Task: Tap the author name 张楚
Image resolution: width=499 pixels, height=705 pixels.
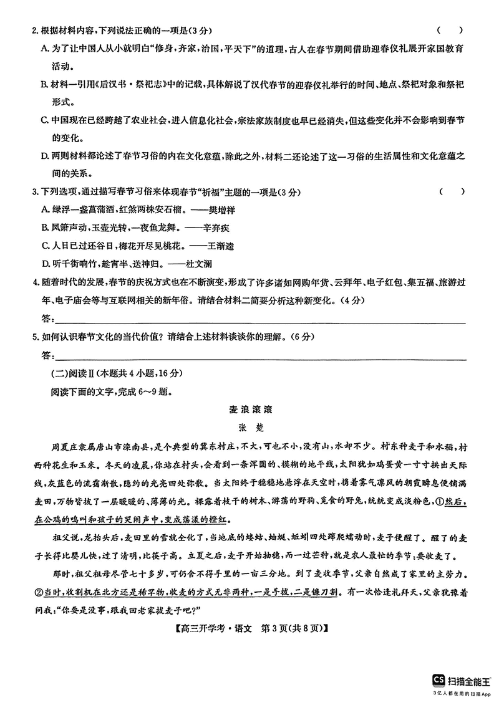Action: pyautogui.click(x=249, y=428)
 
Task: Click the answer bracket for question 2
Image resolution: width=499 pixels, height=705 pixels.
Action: pyautogui.click(x=450, y=30)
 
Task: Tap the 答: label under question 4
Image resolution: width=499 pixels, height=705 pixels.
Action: pyautogui.click(x=48, y=319)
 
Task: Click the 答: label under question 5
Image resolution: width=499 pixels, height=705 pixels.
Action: pyautogui.click(x=48, y=355)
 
